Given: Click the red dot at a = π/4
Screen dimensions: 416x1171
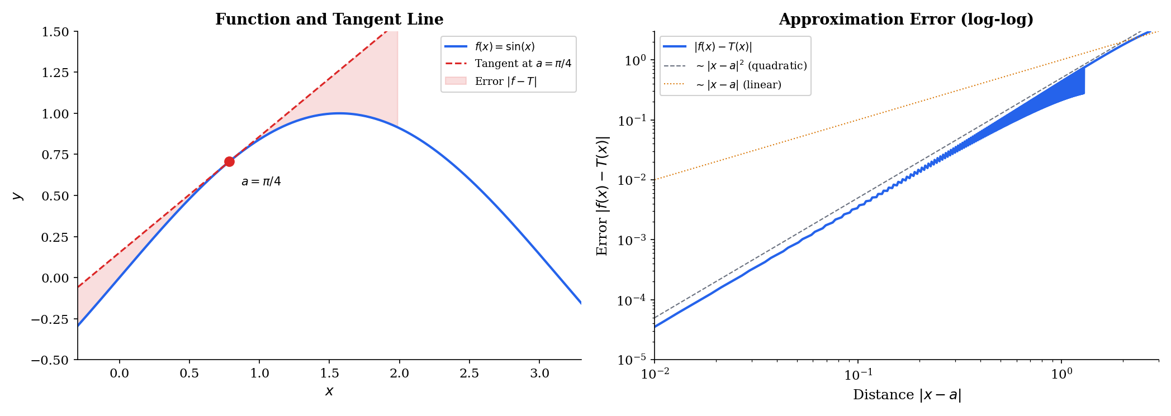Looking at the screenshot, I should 229,162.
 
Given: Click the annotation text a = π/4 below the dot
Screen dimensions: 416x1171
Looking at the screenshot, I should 261,182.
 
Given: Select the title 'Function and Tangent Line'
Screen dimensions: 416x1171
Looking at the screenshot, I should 329,20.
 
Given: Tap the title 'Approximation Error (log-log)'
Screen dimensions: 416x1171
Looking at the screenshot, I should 905,20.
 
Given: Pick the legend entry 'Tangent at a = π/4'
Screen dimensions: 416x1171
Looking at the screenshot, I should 523,64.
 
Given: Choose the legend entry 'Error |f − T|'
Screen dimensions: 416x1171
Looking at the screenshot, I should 505,81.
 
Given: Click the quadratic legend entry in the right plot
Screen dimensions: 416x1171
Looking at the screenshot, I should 751,66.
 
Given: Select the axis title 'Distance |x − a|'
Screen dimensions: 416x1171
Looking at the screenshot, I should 907,395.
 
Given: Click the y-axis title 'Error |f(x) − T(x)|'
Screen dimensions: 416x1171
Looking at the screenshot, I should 603,195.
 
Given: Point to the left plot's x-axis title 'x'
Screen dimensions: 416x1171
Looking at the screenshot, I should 329,391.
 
